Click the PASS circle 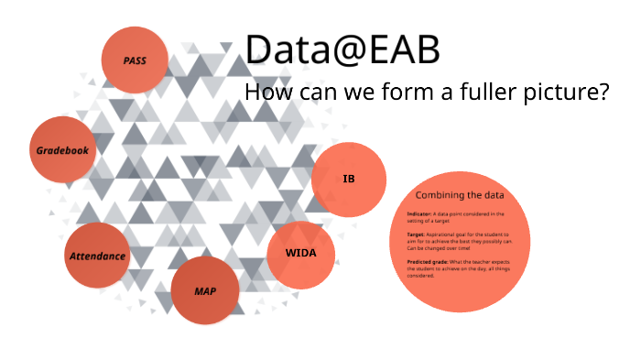pyautogui.click(x=136, y=60)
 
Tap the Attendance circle pyautogui.click(x=97, y=256)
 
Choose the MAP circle pyautogui.click(x=205, y=291)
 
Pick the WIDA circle pyautogui.click(x=301, y=254)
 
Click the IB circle pyautogui.click(x=348, y=180)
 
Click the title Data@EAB pyautogui.click(x=342, y=51)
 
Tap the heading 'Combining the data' pyautogui.click(x=460, y=195)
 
